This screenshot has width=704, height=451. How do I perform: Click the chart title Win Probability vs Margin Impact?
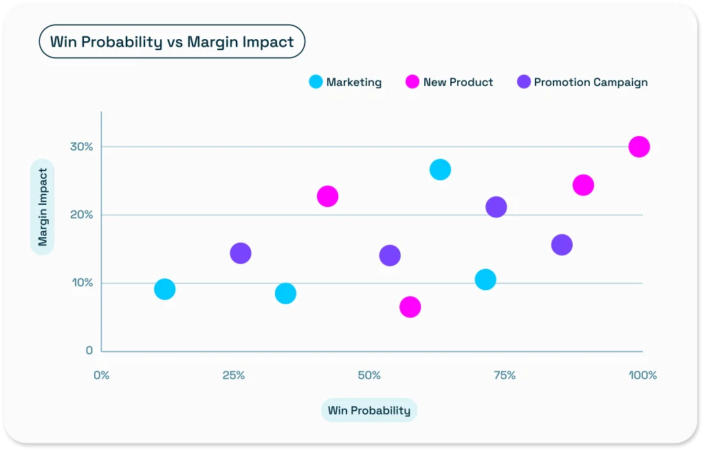click(x=172, y=42)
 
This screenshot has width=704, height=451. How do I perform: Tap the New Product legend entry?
click(x=450, y=82)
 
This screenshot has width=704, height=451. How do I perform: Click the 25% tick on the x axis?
click(x=234, y=375)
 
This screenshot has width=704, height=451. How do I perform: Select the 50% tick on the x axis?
click(x=369, y=375)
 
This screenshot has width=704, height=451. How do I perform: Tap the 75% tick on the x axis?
click(x=505, y=375)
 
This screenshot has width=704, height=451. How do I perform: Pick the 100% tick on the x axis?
click(x=642, y=375)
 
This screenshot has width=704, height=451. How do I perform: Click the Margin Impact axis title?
click(x=43, y=207)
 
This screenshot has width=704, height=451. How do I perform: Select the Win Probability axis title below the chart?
click(x=369, y=410)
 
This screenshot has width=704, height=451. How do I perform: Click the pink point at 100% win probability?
click(x=639, y=146)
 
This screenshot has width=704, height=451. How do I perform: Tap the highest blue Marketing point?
click(x=440, y=169)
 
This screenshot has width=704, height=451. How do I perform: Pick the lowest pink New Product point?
click(x=410, y=307)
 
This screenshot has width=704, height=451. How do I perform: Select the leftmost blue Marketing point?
click(x=164, y=289)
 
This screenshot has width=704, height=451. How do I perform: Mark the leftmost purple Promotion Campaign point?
click(x=240, y=253)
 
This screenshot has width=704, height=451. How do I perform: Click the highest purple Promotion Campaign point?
click(x=496, y=207)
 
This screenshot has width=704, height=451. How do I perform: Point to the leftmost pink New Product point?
click(x=327, y=196)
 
